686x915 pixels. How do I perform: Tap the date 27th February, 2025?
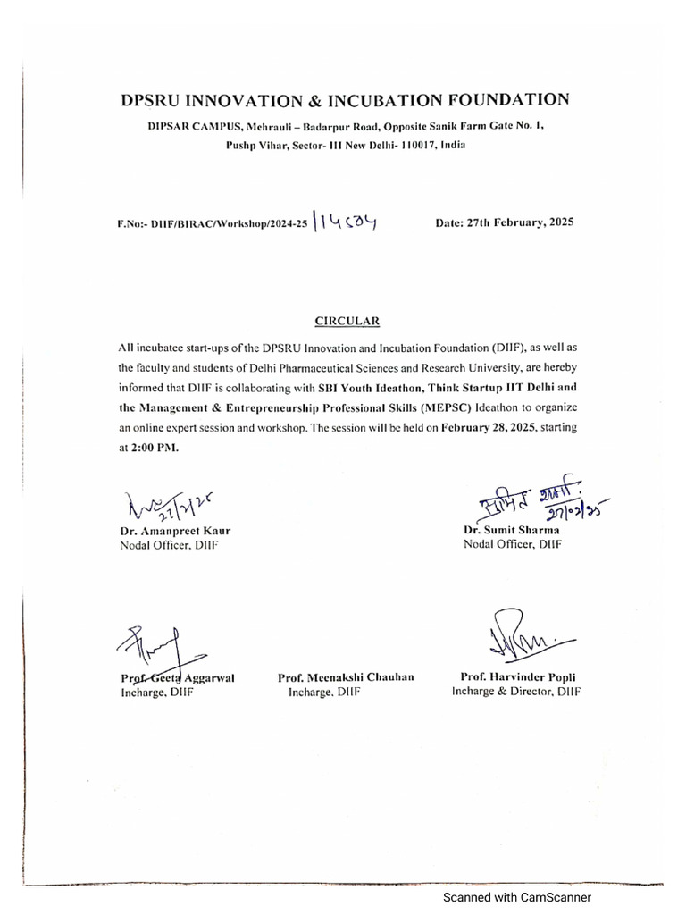pyautogui.click(x=505, y=222)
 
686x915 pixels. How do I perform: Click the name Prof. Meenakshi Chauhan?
pyautogui.click(x=346, y=677)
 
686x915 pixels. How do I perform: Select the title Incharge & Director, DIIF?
pyautogui.click(x=516, y=692)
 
